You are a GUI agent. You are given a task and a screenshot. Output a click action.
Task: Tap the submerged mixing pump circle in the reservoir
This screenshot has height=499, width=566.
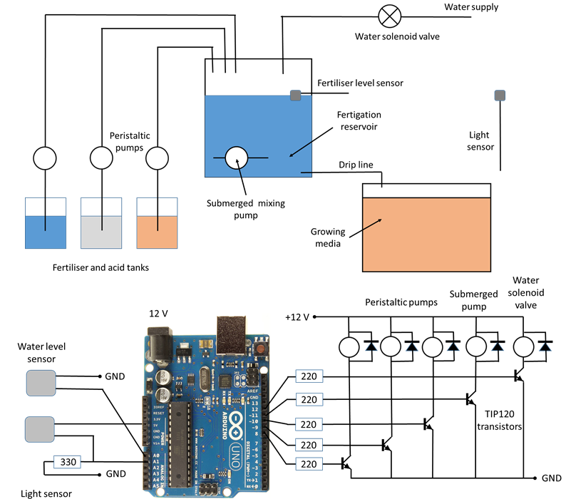pyautogui.click(x=236, y=158)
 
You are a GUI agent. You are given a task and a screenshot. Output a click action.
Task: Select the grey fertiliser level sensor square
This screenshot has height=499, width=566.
pyautogui.click(x=296, y=95)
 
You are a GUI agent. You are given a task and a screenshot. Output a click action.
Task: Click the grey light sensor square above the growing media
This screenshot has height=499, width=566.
pyautogui.click(x=500, y=95)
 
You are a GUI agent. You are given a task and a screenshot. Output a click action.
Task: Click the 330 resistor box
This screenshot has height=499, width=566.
pyautogui.click(x=70, y=461)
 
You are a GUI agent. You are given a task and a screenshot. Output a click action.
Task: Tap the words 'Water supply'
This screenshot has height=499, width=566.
pyautogui.click(x=471, y=7)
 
